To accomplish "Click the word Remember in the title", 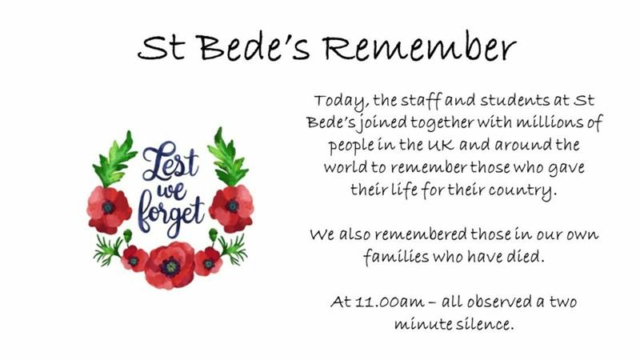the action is point(419,47).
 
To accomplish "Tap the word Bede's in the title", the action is point(254,47).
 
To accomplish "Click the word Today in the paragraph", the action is point(342,102).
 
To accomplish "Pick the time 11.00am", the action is point(390,302).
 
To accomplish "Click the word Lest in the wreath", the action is point(170,161).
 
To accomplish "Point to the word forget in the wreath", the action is point(170,215).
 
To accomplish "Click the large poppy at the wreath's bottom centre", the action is point(170,266).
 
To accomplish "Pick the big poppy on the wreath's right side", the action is point(231,208).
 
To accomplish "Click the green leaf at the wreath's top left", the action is point(115,159).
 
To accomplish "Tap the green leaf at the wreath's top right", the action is point(227,157).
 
